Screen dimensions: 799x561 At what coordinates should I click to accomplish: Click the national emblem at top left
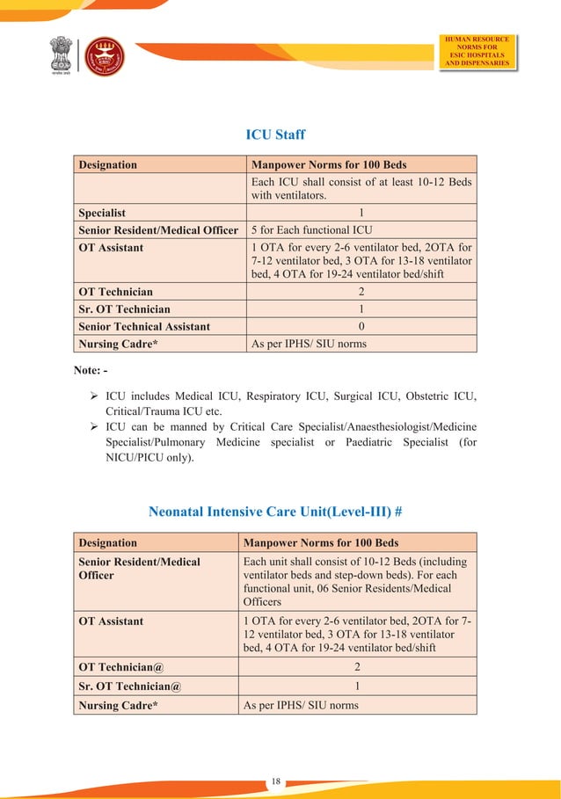click(x=61, y=56)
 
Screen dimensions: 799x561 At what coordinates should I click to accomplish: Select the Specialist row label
click(x=102, y=213)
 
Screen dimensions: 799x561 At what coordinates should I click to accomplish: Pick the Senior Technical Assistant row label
click(x=144, y=326)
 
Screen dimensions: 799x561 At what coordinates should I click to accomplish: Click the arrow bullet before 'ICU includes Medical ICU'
click(x=93, y=396)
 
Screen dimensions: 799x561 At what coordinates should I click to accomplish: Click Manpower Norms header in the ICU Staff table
click(x=329, y=164)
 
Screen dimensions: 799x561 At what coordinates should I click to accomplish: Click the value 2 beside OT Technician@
click(x=357, y=667)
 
